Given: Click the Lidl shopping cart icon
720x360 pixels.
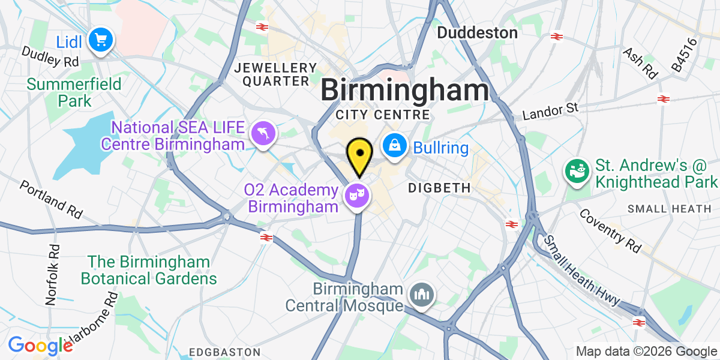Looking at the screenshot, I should tap(99, 40).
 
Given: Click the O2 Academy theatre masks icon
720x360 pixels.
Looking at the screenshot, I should tap(356, 195).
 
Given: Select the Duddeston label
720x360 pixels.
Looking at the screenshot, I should tap(477, 32).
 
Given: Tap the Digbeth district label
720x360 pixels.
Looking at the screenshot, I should tap(439, 188).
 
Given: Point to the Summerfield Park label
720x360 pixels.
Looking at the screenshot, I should tap(74, 92).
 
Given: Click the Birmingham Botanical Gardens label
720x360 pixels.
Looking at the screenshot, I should tap(149, 271).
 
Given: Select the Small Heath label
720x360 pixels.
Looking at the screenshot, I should tap(671, 209).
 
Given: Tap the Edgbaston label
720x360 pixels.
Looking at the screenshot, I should tap(218, 351).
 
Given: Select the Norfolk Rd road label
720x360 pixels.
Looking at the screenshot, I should tap(53, 273).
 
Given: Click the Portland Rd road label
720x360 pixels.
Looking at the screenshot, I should tap(50, 199).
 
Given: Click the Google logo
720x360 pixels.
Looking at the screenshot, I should tap(40, 346).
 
